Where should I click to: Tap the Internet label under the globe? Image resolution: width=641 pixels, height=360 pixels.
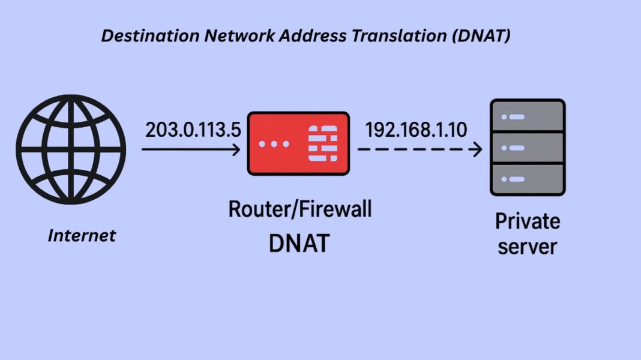pos(82,236)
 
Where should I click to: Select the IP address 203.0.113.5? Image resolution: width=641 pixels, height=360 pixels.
pos(192,130)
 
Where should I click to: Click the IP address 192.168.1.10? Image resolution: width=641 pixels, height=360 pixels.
pos(416,130)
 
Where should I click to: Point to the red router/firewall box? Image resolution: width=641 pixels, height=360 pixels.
pos(298,144)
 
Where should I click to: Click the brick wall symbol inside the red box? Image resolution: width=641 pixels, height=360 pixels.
pos(322,144)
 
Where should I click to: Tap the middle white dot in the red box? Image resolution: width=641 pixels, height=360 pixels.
pos(274,145)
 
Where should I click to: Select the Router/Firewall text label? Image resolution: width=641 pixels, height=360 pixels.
pos(299,209)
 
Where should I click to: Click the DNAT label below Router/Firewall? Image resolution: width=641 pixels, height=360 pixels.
pos(299,243)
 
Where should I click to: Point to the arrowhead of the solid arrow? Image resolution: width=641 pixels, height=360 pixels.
pos(237,149)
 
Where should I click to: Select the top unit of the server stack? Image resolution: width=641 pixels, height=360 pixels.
pos(528,116)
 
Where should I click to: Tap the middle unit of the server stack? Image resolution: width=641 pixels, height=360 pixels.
pos(528,147)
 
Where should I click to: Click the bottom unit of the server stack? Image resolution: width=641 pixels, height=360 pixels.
pos(528,178)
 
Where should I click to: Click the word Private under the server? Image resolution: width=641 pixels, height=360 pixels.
pos(528,221)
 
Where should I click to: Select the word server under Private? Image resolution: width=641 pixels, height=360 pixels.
pos(528,247)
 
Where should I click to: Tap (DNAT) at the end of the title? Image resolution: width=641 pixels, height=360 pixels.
pos(480,36)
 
